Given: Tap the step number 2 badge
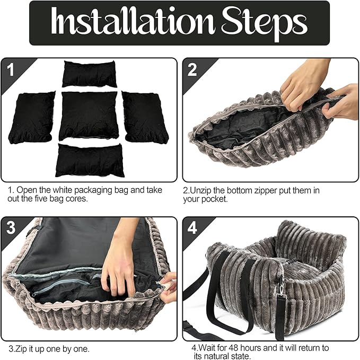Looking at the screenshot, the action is (x=192, y=69).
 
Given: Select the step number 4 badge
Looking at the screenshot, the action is (x=192, y=228).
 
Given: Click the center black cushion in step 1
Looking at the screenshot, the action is (x=89, y=116).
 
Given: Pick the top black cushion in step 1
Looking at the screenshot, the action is (x=89, y=74).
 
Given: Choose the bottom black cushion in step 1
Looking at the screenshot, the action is (x=90, y=160).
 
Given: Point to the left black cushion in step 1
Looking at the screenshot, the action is (x=32, y=118).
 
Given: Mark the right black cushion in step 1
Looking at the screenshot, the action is (x=145, y=117).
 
